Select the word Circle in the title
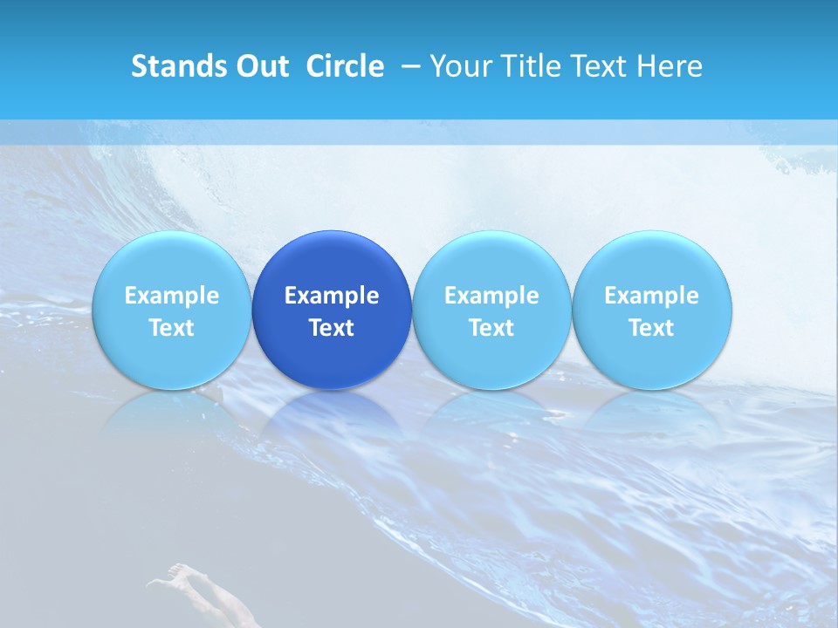click(x=345, y=66)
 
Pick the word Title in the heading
click(x=530, y=66)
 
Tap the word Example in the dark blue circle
click(x=332, y=296)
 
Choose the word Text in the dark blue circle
click(x=332, y=328)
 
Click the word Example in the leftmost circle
click(x=171, y=296)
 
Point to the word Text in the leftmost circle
click(x=171, y=328)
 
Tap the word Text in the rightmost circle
click(x=652, y=328)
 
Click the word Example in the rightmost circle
click(x=652, y=296)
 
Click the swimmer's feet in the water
click(x=178, y=571)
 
